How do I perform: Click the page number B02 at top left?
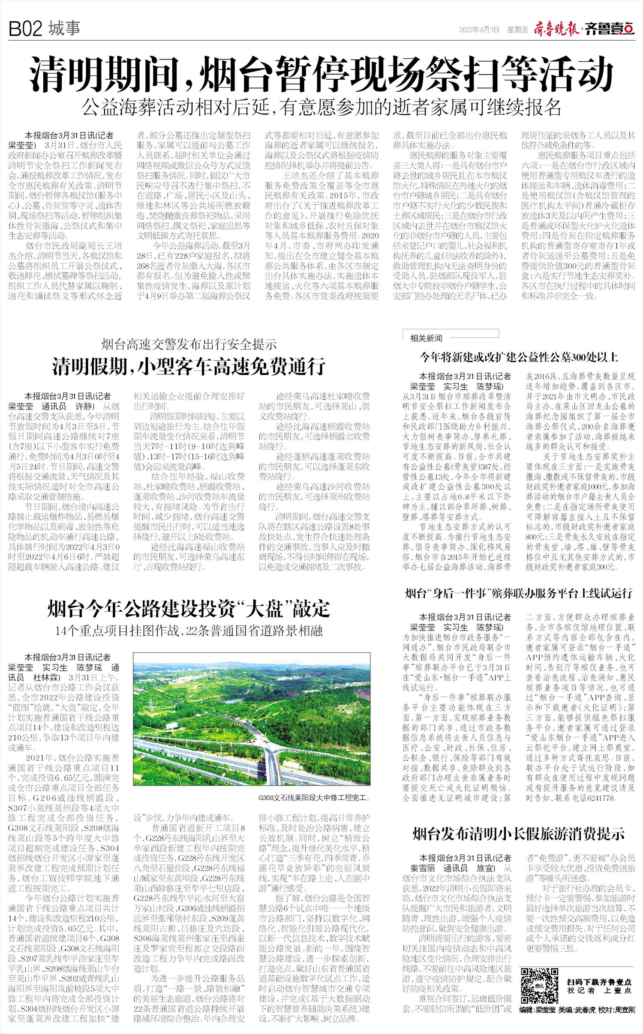[25, 29]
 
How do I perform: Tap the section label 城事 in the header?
[64, 29]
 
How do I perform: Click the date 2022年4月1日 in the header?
[479, 30]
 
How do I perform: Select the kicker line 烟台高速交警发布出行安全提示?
[189, 344]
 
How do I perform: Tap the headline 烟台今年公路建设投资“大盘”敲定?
[189, 609]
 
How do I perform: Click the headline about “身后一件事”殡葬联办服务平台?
[519, 594]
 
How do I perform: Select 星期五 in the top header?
[517, 30]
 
